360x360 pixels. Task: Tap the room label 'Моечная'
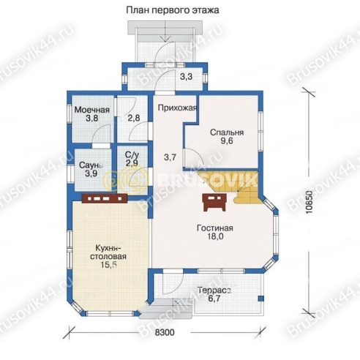point(91,110)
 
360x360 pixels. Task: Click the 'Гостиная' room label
point(214,228)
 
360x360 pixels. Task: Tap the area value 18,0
point(214,237)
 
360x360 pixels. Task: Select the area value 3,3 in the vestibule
point(186,76)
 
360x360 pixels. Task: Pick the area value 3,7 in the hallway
point(170,157)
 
